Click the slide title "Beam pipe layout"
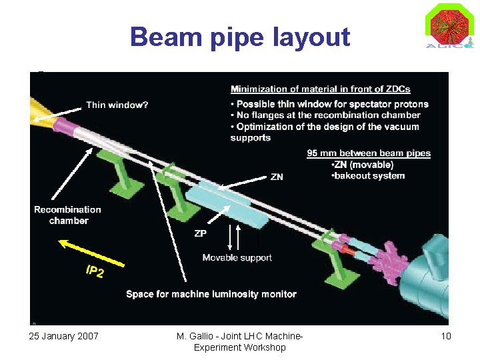coord(240,37)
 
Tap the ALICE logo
coord(449,27)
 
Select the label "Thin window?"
coord(117,105)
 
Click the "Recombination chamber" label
coord(68,215)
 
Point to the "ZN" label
coord(277,177)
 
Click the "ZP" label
coord(200,233)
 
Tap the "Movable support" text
coord(237,257)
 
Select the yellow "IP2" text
coord(95,271)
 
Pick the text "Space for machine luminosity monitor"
coord(211,293)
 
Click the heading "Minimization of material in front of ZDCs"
coord(320,89)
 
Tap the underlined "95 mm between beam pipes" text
coord(369,153)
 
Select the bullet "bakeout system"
coord(369,176)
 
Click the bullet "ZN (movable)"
coord(363,165)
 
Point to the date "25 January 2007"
coord(64,336)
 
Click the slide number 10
coord(445,336)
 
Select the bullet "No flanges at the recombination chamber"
coord(328,115)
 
